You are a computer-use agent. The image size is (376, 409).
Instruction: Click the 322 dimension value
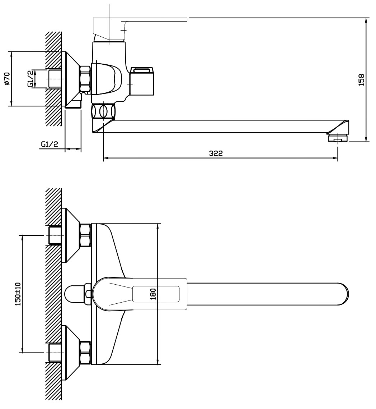(x=216, y=153)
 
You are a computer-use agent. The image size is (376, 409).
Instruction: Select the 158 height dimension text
(x=361, y=80)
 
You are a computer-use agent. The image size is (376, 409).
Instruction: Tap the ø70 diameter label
(x=7, y=78)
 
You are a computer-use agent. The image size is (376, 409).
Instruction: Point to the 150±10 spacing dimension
(x=18, y=294)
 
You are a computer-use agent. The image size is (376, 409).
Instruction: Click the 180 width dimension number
(x=153, y=294)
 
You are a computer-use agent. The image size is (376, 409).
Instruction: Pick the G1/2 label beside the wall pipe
(x=30, y=78)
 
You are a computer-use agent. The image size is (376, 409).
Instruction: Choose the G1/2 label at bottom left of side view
(x=50, y=144)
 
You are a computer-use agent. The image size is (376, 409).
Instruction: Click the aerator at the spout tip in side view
(x=337, y=138)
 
